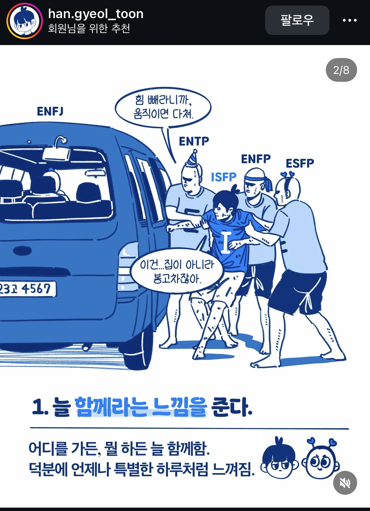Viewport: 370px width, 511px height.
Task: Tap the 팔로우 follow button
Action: pos(297,20)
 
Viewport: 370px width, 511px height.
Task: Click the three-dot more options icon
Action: pos(349,20)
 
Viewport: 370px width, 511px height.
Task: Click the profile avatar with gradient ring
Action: pos(25,21)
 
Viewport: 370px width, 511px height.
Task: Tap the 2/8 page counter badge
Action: pos(341,70)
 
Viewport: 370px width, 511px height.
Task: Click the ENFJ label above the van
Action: pos(50,112)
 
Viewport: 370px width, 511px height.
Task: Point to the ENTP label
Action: pos(194,141)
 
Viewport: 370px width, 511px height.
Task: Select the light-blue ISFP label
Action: pos(224,177)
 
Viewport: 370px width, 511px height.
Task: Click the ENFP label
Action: pos(256,159)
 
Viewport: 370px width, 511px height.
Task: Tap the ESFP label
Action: pos(300,163)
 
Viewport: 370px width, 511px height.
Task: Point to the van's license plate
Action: pos(27,289)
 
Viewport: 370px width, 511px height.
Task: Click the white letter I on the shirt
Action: pos(225,243)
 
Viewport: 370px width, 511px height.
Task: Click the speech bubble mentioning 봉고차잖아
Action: pos(177,271)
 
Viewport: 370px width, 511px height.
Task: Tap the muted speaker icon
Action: pos(345,483)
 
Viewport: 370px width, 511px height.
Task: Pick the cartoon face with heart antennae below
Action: pos(321,459)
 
